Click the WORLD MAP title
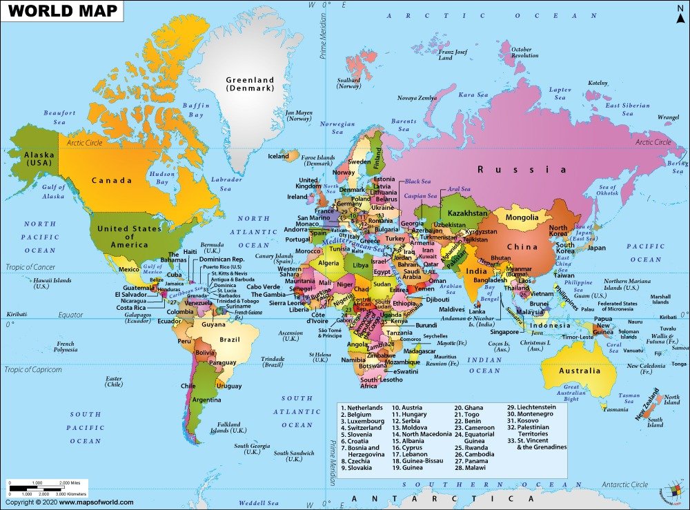62,12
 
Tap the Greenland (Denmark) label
250,84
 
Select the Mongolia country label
522,218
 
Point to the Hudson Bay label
162,178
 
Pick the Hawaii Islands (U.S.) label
52,283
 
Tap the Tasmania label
615,409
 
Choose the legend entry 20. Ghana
469,408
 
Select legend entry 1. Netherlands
362,408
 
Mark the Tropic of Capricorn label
34,370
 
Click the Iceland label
278,156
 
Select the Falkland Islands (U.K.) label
228,427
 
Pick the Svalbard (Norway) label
349,83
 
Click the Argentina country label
207,400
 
